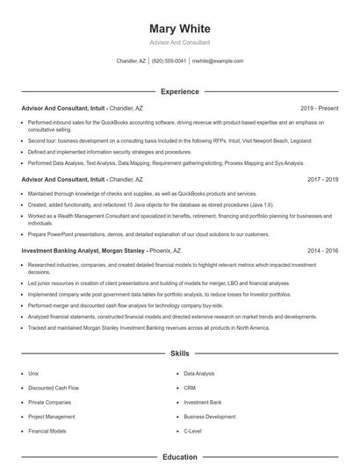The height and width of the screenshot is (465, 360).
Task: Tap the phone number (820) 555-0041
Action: click(169, 61)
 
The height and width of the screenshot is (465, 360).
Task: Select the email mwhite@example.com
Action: click(217, 61)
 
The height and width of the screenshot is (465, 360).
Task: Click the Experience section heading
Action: click(179, 91)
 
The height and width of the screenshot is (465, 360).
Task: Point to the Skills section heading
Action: click(179, 353)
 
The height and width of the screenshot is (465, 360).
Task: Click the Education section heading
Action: click(179, 457)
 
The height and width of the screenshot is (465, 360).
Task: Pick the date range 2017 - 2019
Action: click(322, 179)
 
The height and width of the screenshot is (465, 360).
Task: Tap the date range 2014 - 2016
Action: click(322, 250)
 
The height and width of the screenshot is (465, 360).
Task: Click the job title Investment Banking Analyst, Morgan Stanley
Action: click(83, 250)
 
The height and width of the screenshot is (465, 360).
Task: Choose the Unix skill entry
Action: click(33, 373)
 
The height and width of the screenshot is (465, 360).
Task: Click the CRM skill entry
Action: click(190, 388)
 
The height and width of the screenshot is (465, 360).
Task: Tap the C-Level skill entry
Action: click(193, 432)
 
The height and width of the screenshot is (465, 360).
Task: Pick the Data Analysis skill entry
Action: click(198, 373)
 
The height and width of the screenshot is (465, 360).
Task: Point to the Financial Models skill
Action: click(47, 432)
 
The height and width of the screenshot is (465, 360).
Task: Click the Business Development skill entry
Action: click(210, 417)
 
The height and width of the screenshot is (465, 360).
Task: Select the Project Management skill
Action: click(51, 417)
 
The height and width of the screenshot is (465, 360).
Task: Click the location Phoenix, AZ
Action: click(165, 250)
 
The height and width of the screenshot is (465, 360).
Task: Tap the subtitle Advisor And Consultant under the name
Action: click(179, 42)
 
